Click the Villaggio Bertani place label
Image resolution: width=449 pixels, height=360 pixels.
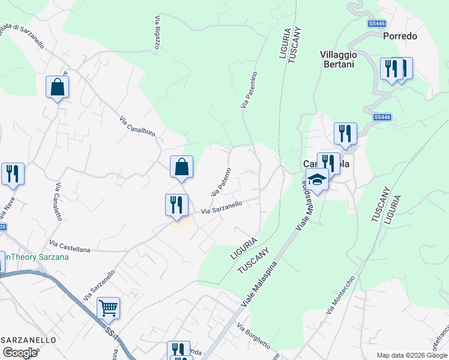337,59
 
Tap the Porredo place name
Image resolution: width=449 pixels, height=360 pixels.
400,36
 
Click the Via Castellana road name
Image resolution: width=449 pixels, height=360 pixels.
70,245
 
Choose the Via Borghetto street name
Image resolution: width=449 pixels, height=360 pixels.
253,336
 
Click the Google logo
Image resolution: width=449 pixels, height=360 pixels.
20,353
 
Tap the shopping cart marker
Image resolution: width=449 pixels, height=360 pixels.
108,308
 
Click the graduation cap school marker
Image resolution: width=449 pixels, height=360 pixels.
316,179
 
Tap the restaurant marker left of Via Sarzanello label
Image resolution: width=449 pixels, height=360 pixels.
176,205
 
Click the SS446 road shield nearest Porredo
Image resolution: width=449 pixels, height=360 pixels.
376,23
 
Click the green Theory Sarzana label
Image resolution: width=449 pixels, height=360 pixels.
35,257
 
